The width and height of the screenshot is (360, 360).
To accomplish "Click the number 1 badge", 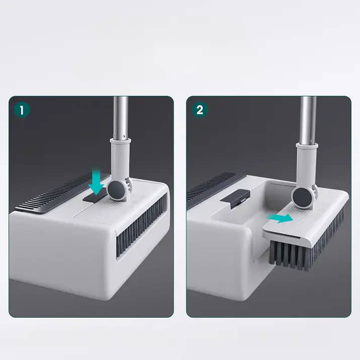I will [x=21, y=109].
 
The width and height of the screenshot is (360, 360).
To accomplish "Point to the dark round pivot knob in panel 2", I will [x=302, y=196].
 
